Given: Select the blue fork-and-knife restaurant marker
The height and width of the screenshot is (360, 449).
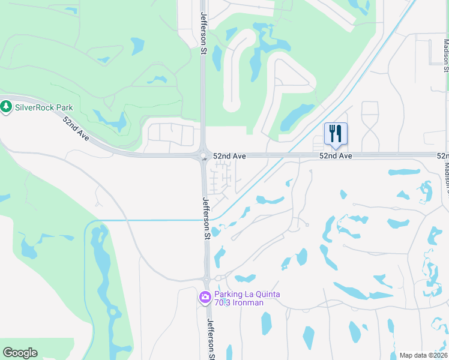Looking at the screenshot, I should coord(336,134).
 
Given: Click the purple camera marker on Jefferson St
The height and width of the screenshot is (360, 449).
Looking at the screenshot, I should coord(205,297).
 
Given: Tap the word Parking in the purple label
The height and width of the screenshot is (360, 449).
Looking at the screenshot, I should coord(229,294).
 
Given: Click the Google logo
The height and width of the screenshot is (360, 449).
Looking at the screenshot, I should coord(20,353).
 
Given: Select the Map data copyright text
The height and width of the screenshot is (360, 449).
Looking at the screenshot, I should coord(423,355).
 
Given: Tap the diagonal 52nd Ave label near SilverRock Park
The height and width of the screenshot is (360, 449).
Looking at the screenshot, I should coord(76,128).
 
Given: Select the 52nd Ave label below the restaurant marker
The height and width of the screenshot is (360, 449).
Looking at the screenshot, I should coord(335,156).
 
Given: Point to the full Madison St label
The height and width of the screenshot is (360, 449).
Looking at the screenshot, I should coord(446,55).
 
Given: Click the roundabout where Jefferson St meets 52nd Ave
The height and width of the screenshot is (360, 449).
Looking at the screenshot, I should coord(203,156).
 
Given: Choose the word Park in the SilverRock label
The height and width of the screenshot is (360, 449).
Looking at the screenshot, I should coord(62,107).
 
